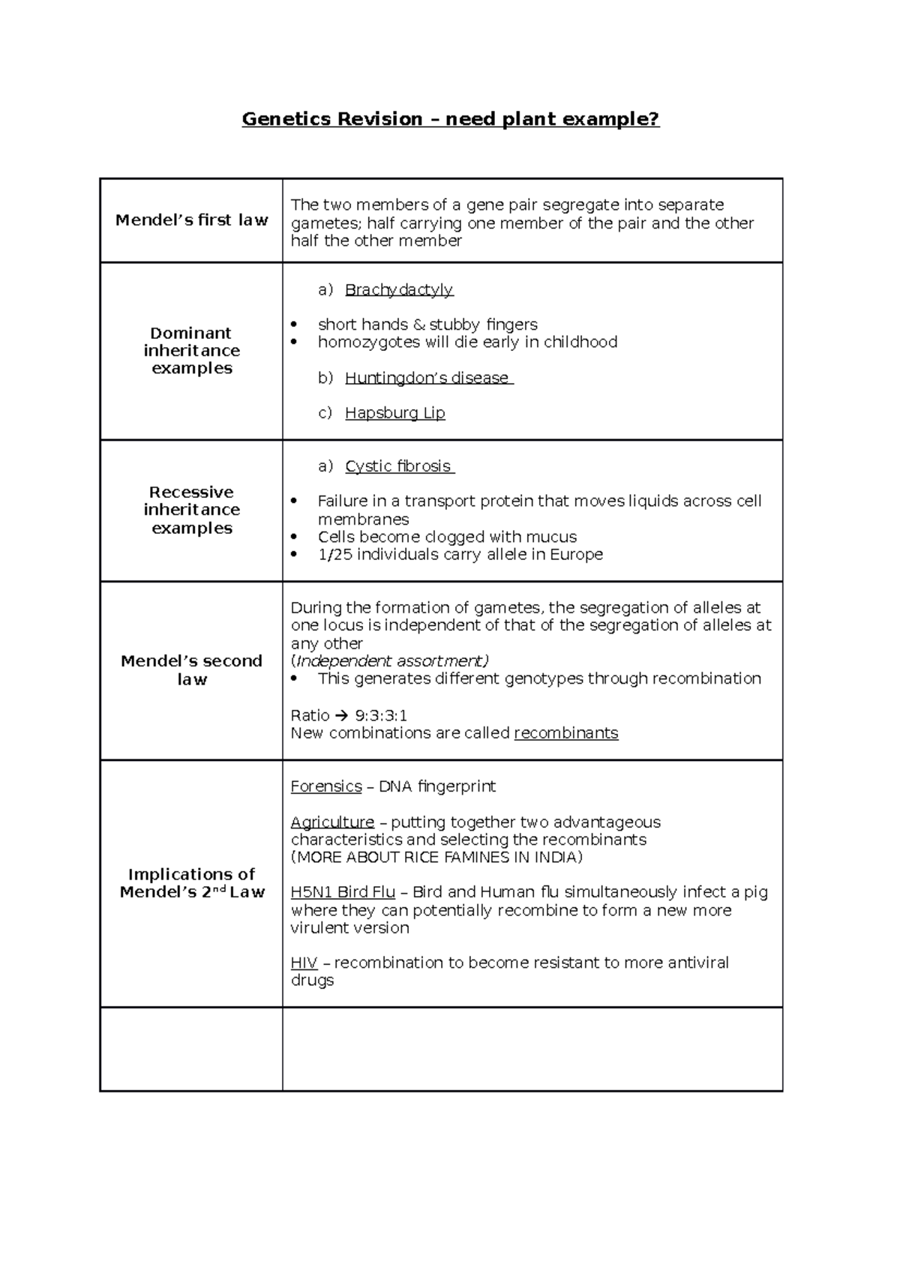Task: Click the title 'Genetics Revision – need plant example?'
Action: (450, 119)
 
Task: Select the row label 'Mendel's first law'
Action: (191, 220)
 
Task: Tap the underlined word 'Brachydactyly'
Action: (398, 289)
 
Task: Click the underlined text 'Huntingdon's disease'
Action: (427, 378)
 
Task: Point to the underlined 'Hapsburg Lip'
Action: (394, 413)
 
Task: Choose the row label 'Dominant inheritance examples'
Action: (191, 351)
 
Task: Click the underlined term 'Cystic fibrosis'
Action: (398, 466)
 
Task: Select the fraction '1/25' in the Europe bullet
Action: (335, 555)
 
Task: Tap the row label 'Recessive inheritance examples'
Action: (191, 510)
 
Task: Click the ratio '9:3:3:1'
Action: (381, 715)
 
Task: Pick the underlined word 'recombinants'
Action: (565, 733)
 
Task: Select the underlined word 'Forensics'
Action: (325, 786)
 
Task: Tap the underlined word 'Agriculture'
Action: (331, 822)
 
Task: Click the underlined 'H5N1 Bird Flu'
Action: (342, 892)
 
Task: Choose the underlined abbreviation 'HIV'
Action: (304, 963)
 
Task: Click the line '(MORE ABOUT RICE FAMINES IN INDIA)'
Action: (436, 857)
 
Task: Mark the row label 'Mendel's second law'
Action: (191, 670)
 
